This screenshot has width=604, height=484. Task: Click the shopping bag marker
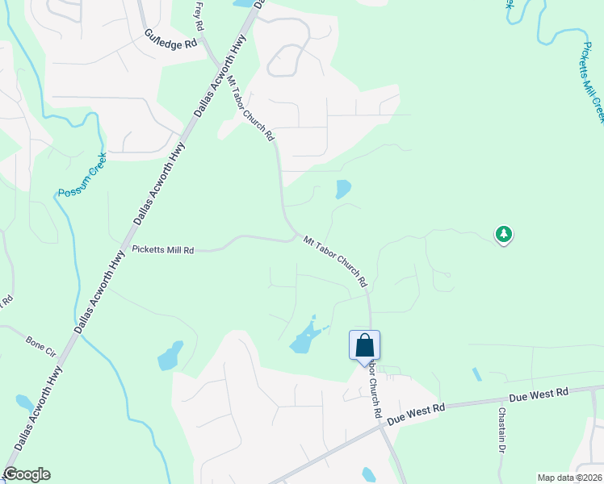(x=364, y=345)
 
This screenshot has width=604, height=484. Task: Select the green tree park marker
(x=504, y=235)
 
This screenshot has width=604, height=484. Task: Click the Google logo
(x=27, y=474)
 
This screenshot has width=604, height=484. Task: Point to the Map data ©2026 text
(x=569, y=478)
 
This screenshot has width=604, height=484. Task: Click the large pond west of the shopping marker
(x=304, y=339)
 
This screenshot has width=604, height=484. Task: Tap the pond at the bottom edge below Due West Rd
(x=368, y=475)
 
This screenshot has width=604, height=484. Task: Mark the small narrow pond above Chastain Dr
(x=476, y=374)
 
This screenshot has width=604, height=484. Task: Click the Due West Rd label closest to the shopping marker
(x=417, y=415)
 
